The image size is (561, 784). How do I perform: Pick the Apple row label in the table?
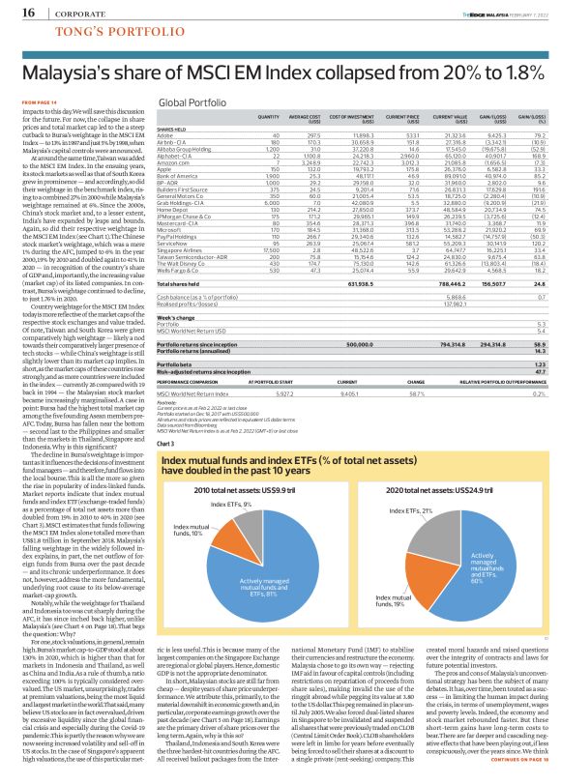(x=166, y=170)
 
